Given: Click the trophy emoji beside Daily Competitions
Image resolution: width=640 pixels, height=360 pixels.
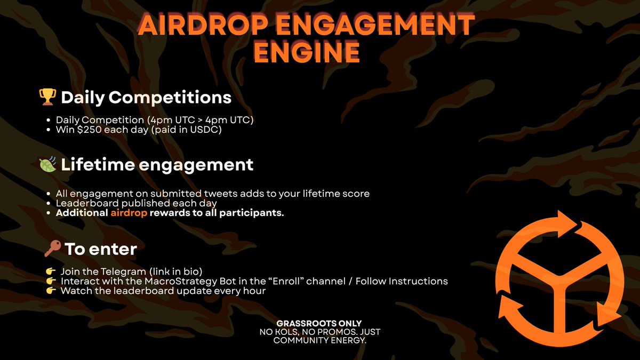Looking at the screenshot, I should point(47,98).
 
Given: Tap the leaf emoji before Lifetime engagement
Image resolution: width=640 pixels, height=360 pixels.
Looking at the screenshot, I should point(47,165).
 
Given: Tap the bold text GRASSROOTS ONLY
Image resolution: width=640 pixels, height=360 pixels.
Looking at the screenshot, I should point(319,324).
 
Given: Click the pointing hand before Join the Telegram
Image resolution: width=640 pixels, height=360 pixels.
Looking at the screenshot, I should point(51,271).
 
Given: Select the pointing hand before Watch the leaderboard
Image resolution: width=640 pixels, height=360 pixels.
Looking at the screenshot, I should point(51,291).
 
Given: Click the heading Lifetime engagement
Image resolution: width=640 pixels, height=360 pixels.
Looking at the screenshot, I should point(157,165).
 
